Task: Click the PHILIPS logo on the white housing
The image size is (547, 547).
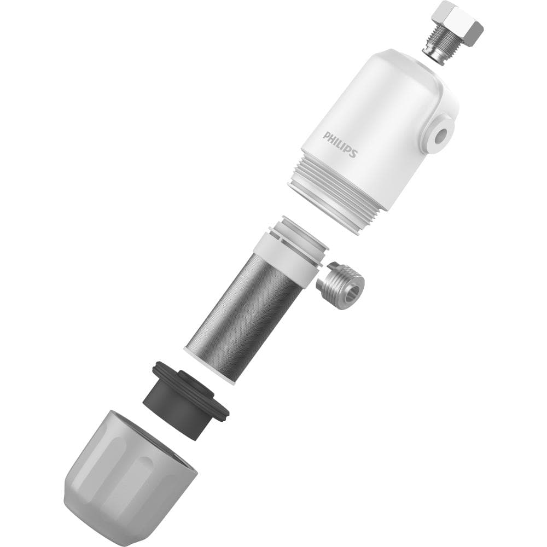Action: [x=340, y=144]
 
